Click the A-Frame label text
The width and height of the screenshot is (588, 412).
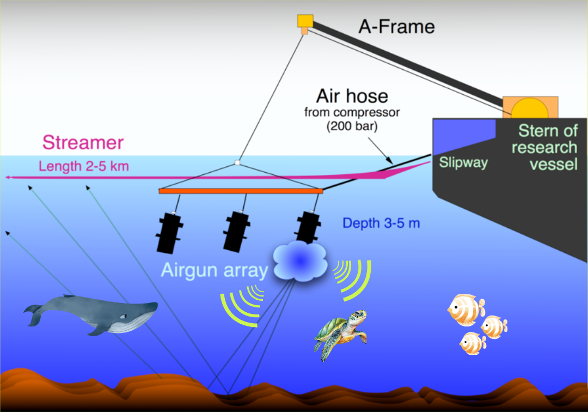(396, 26)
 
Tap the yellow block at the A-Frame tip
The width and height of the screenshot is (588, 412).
(305, 21)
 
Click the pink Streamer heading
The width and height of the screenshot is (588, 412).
(83, 143)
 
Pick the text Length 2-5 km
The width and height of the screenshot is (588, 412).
(83, 166)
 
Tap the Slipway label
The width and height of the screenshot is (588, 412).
(463, 162)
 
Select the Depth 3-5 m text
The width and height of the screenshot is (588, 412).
(381, 223)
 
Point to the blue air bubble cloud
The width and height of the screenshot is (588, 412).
(299, 260)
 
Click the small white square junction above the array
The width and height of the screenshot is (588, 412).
(237, 162)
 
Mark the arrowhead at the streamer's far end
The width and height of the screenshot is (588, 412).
(8, 178)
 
